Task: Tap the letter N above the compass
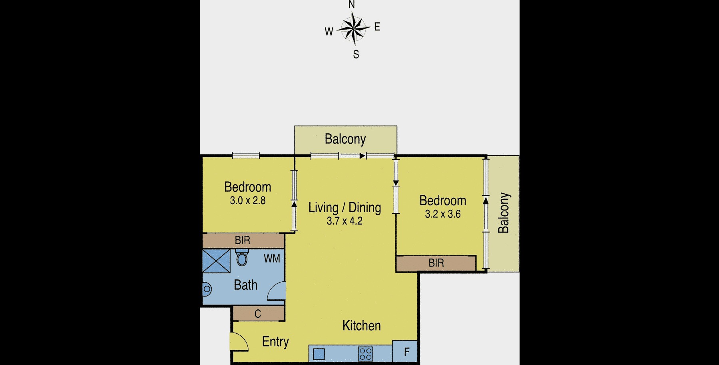[x=352, y=5]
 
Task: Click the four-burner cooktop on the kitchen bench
[x=366, y=354]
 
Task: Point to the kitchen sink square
[x=319, y=354]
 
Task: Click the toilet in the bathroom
[x=241, y=257]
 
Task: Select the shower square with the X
[x=216, y=261]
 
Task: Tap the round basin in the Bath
[x=206, y=289]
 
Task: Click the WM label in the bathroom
[x=272, y=259]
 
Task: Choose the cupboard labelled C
[x=258, y=314]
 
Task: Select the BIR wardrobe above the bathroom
[x=243, y=241]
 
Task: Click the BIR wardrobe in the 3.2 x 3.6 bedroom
[x=436, y=263]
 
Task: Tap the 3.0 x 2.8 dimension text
[x=248, y=201]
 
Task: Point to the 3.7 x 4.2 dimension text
[x=345, y=221]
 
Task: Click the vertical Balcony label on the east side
[x=504, y=213]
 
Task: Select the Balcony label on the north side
[x=345, y=139]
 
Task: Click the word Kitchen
[x=361, y=326]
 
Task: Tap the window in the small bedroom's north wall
[x=246, y=155]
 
